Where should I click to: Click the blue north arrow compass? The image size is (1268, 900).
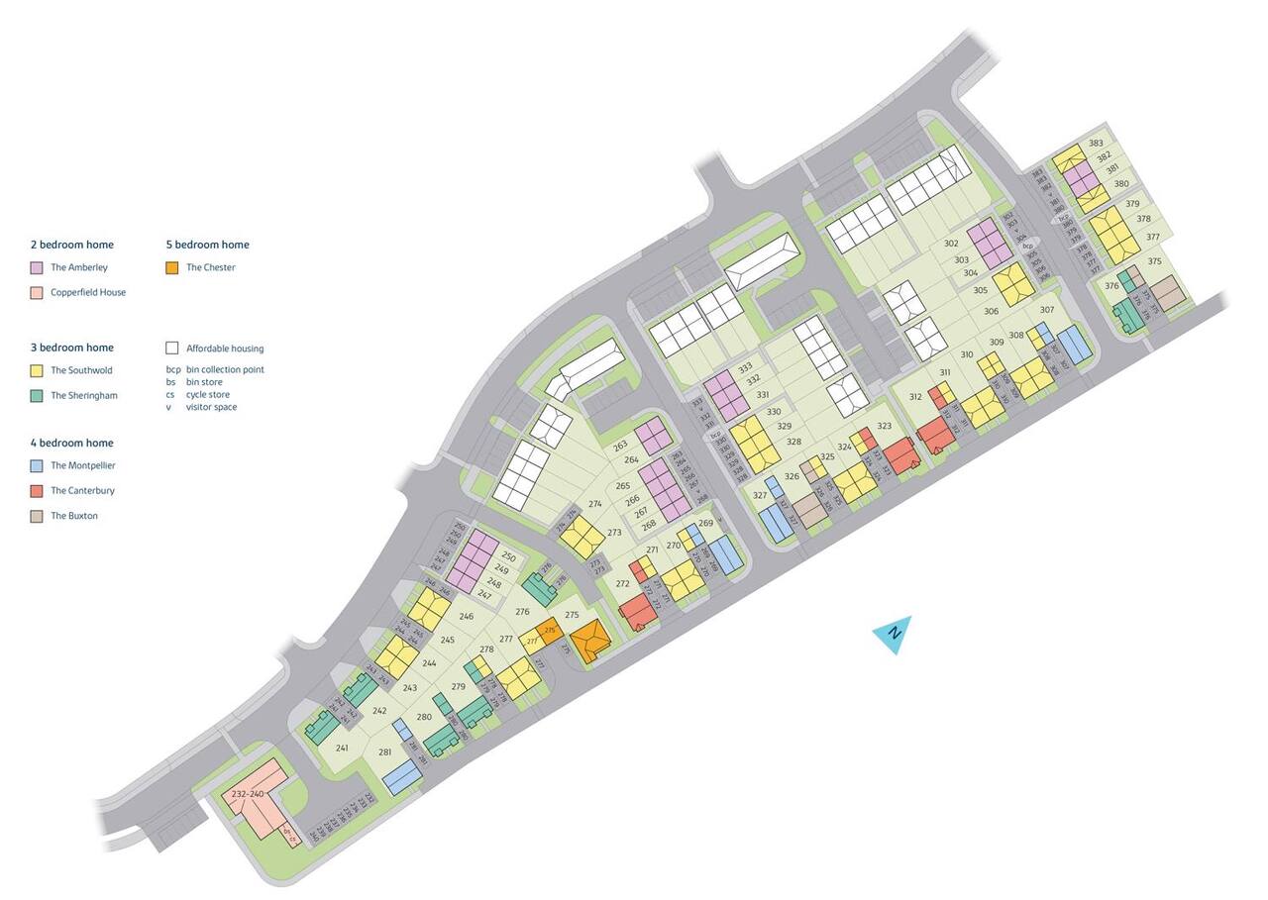pyautogui.click(x=894, y=635)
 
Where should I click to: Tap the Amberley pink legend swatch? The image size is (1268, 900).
pyautogui.click(x=37, y=267)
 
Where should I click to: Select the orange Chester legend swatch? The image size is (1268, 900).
pyautogui.click(x=172, y=267)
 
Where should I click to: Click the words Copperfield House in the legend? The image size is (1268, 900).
pyautogui.click(x=88, y=293)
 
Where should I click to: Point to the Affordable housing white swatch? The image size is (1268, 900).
pyautogui.click(x=172, y=349)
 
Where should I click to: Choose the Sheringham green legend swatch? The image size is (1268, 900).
pyautogui.click(x=37, y=396)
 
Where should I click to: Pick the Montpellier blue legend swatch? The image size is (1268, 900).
pyautogui.click(x=37, y=465)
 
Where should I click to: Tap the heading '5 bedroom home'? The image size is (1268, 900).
pyautogui.click(x=207, y=245)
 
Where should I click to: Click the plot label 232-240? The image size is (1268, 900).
pyautogui.click(x=248, y=794)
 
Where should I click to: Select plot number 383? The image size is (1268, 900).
pyautogui.click(x=1097, y=144)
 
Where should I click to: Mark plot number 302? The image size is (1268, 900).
pyautogui.click(x=951, y=244)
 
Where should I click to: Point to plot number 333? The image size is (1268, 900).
pyautogui.click(x=745, y=367)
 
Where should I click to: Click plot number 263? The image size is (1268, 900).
pyautogui.click(x=621, y=447)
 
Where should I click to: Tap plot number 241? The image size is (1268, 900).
pyautogui.click(x=342, y=748)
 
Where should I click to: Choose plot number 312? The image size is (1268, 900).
pyautogui.click(x=915, y=397)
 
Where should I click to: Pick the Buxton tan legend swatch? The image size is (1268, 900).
pyautogui.click(x=37, y=516)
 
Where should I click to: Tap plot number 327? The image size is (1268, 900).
pyautogui.click(x=760, y=495)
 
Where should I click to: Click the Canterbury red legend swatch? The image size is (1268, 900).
pyautogui.click(x=37, y=491)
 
